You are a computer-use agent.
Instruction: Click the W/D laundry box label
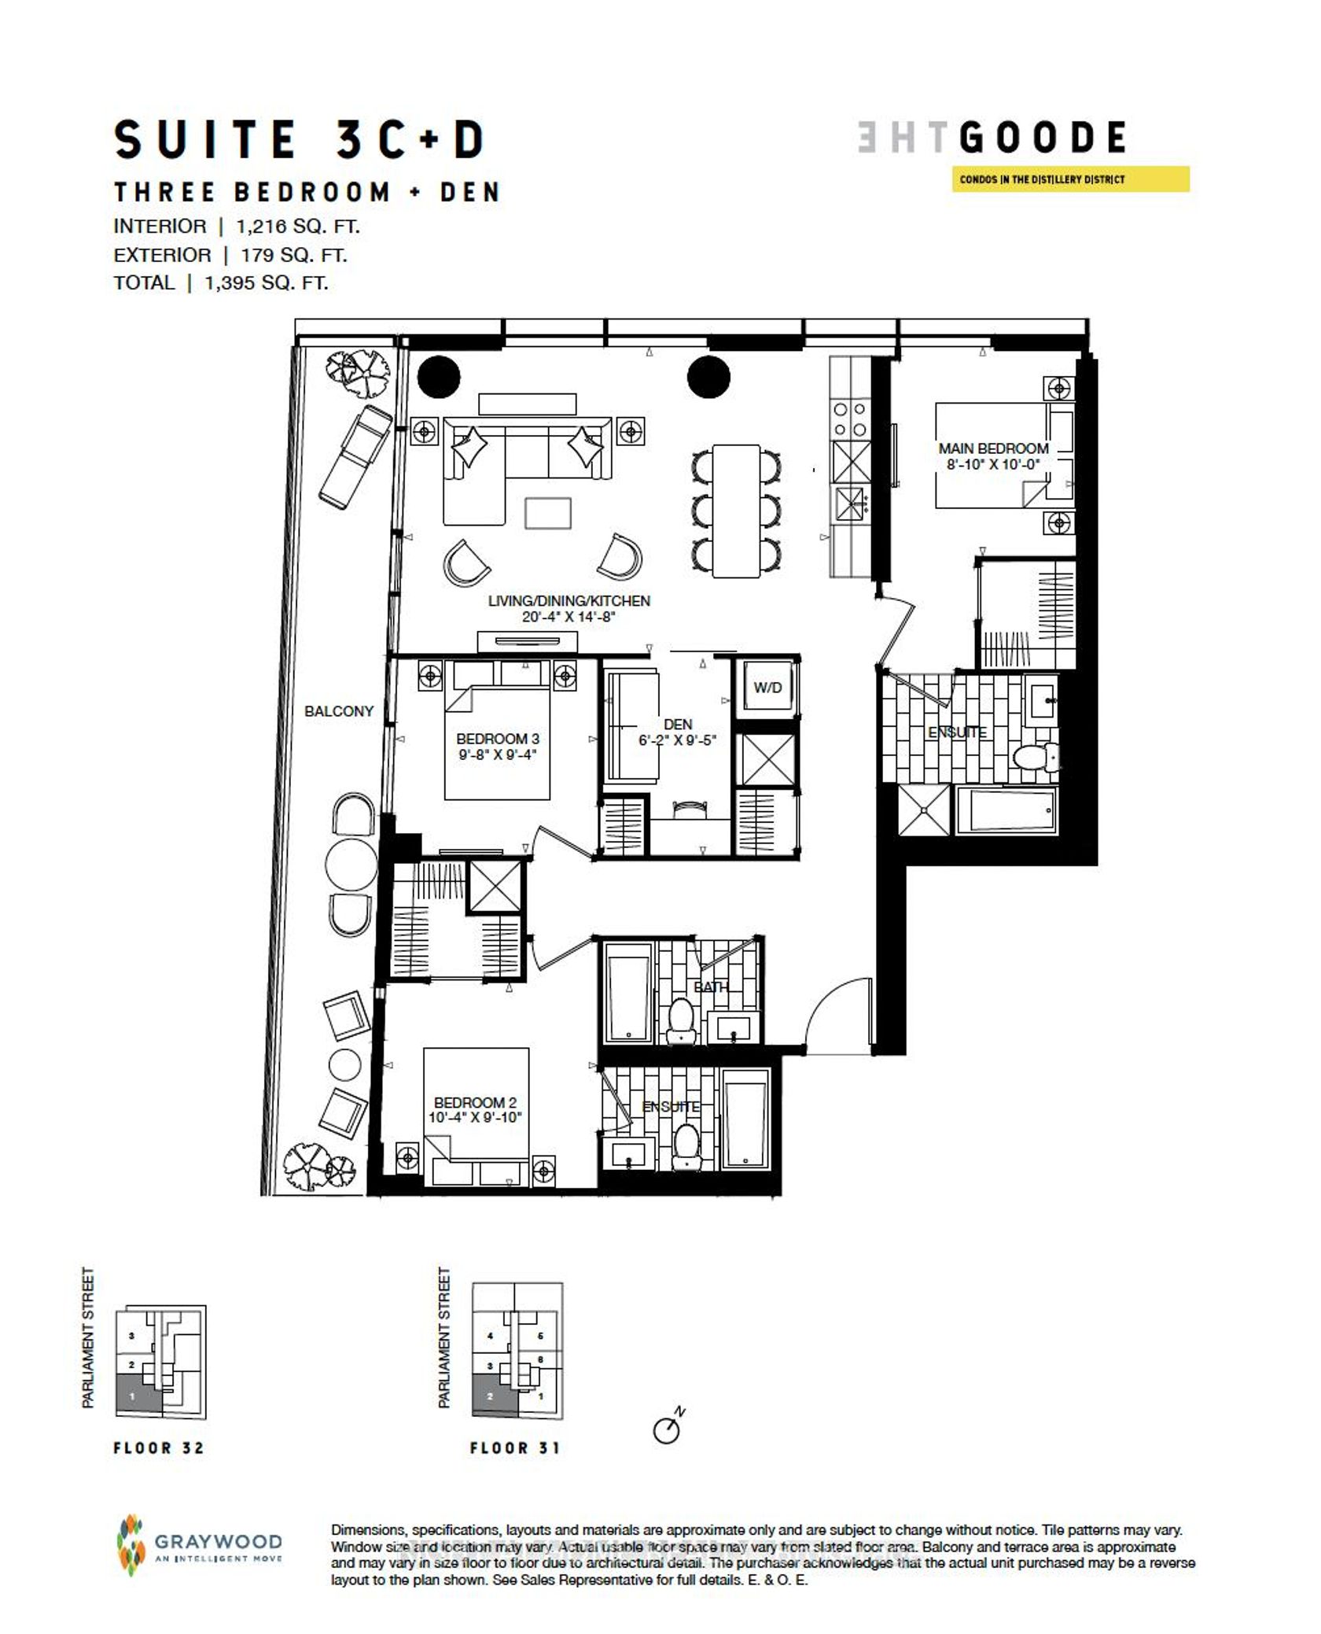[x=767, y=687]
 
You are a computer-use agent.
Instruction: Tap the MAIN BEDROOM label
[x=993, y=448]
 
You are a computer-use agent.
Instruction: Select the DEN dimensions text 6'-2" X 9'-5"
[x=677, y=740]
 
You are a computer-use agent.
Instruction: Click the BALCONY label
[x=339, y=711]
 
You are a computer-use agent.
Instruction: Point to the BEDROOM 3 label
[x=498, y=739]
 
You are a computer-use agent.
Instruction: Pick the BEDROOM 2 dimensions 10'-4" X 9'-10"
[x=475, y=1118]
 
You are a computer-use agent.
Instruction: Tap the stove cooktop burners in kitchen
[x=850, y=419]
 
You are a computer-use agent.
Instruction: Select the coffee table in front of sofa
[x=548, y=513]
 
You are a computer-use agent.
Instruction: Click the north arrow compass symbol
[x=668, y=1429]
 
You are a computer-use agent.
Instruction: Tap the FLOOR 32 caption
[x=159, y=1448]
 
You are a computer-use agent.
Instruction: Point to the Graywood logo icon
[x=131, y=1546]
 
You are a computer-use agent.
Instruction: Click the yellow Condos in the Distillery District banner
[x=1070, y=179]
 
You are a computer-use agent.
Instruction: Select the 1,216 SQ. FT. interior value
[x=298, y=227]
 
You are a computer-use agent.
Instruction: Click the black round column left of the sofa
[x=438, y=377]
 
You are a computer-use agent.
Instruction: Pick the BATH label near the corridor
[x=711, y=987]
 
